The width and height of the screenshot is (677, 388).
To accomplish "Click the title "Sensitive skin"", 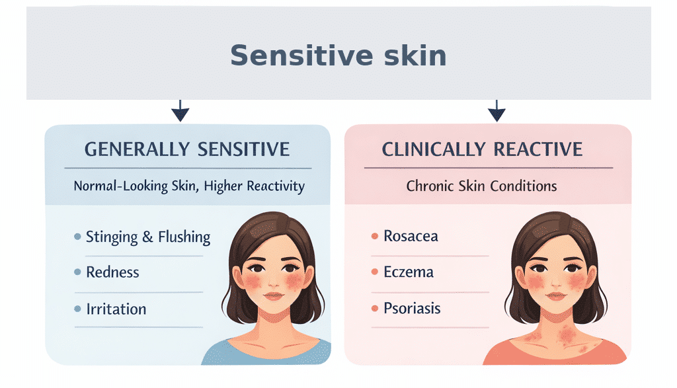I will tap(338, 55).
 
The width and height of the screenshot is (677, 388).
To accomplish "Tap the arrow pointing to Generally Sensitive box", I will tap(180, 111).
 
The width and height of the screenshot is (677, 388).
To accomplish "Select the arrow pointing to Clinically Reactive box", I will tap(497, 111).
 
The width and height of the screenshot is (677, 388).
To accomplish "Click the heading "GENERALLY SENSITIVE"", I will tap(187, 149).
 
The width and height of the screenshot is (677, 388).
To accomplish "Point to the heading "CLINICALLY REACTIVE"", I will tap(482, 149).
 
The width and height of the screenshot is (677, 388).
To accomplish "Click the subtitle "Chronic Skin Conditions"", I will tap(481, 186).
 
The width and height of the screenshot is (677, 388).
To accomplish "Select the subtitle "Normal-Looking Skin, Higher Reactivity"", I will tap(189, 186).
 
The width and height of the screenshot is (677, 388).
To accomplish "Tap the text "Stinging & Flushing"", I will tap(148, 237).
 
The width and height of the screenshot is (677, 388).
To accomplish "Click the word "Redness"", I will tap(112, 272).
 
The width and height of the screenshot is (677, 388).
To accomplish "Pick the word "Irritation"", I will tap(116, 309).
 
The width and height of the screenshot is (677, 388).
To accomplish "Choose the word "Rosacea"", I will tap(411, 236).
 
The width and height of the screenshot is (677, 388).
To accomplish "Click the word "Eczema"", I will tap(409, 272).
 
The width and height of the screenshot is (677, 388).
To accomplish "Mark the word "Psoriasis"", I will tap(412, 309).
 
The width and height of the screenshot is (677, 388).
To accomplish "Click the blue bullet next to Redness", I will tap(78, 272).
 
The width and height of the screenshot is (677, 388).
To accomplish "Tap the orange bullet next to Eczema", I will tap(374, 272).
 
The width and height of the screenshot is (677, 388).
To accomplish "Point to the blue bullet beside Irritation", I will tap(78, 309).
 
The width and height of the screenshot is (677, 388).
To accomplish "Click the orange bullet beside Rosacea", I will tap(374, 236).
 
